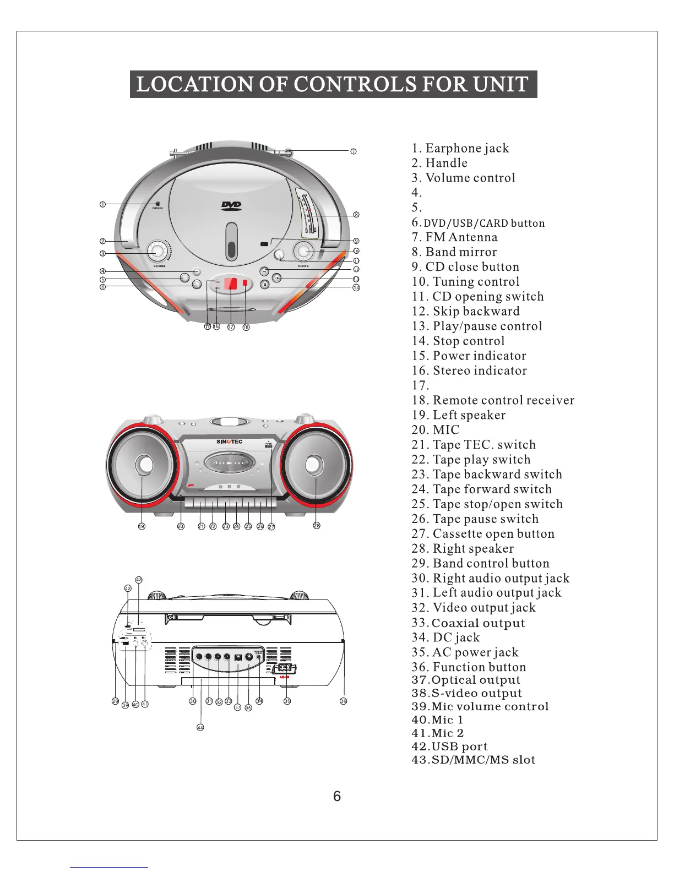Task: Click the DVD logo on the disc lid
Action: [x=231, y=206]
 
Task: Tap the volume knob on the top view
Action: [x=157, y=252]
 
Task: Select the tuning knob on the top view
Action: [x=302, y=251]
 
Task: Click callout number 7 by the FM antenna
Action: [x=354, y=151]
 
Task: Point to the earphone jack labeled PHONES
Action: [x=157, y=204]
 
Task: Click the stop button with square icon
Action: [x=264, y=285]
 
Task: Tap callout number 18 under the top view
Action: [x=246, y=327]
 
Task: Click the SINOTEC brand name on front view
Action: [x=229, y=442]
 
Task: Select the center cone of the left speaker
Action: [x=145, y=465]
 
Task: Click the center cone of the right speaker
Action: [x=313, y=465]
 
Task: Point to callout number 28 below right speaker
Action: [x=317, y=526]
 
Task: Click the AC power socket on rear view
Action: [x=284, y=668]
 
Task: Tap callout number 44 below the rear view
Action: [x=200, y=728]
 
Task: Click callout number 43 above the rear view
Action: [x=139, y=580]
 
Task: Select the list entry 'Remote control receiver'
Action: [x=493, y=400]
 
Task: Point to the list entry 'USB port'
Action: [x=449, y=746]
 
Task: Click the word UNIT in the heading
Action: [x=501, y=84]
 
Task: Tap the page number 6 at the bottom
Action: [x=337, y=796]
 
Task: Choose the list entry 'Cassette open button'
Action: [x=483, y=533]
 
